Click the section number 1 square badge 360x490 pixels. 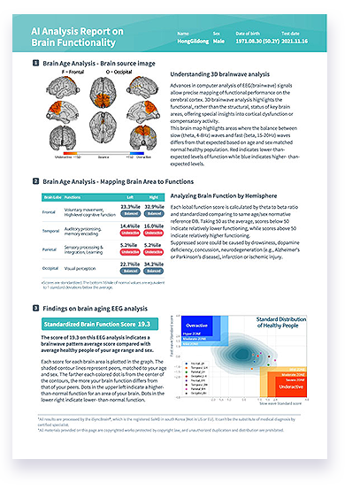click(34, 64)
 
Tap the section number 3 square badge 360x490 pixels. click(34, 307)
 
